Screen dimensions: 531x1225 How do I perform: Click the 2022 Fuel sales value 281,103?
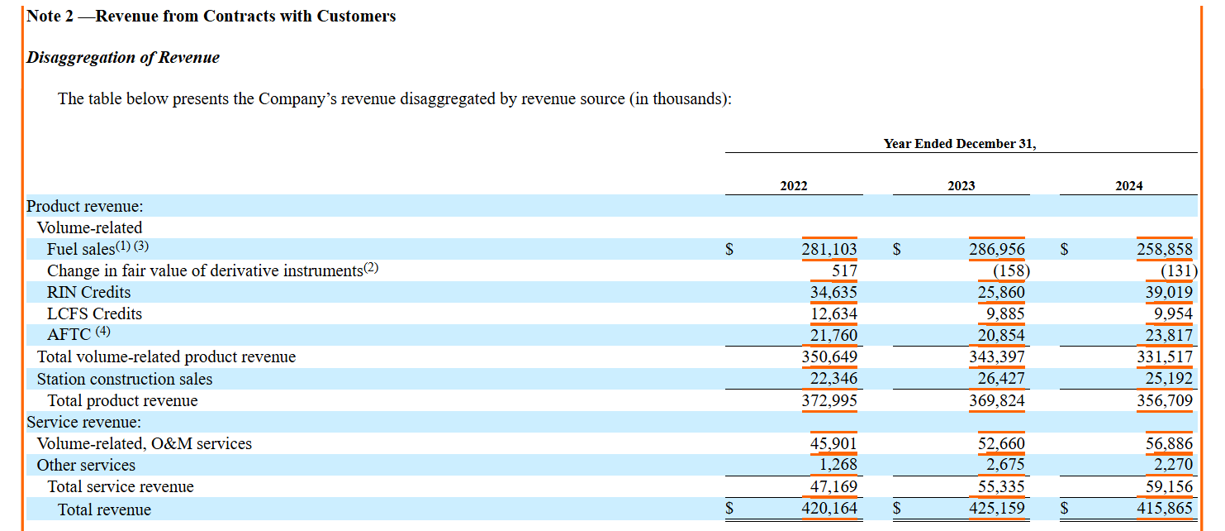[829, 250]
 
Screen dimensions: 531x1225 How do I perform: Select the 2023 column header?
[961, 186]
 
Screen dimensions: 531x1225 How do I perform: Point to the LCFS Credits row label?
[94, 314]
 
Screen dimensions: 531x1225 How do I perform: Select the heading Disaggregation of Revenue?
[123, 58]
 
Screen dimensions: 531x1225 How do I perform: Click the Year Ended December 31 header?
[960, 144]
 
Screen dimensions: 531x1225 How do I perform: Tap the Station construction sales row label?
[125, 380]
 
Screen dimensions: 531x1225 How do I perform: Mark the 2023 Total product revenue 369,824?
[997, 401]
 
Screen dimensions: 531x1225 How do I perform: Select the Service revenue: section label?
[84, 423]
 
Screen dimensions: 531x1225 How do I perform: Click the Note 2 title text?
[211, 17]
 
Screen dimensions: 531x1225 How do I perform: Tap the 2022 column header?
[794, 186]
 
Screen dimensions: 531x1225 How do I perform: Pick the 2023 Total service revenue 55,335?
[1001, 487]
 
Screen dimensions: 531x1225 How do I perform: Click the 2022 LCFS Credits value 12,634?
[833, 314]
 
